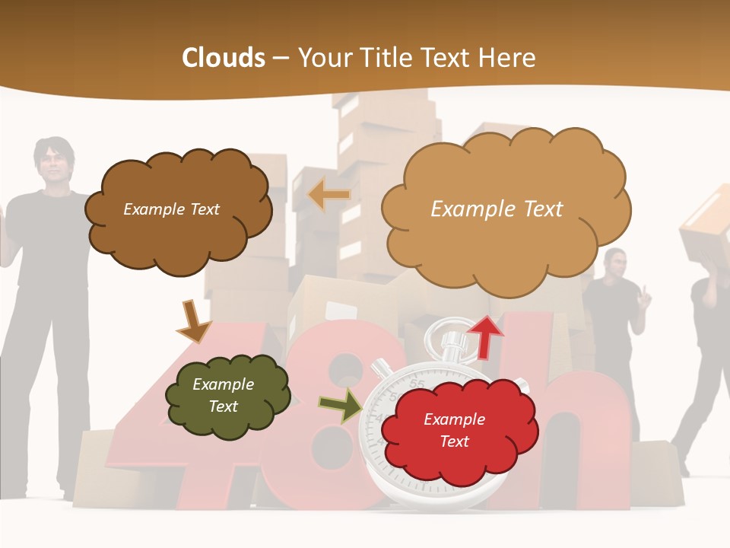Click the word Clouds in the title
pos(223,58)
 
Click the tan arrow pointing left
pos(328,195)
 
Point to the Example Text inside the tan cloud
pos(497,209)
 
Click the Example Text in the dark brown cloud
pos(171,209)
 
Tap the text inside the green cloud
pos(224,396)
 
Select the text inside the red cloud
pos(454,430)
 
